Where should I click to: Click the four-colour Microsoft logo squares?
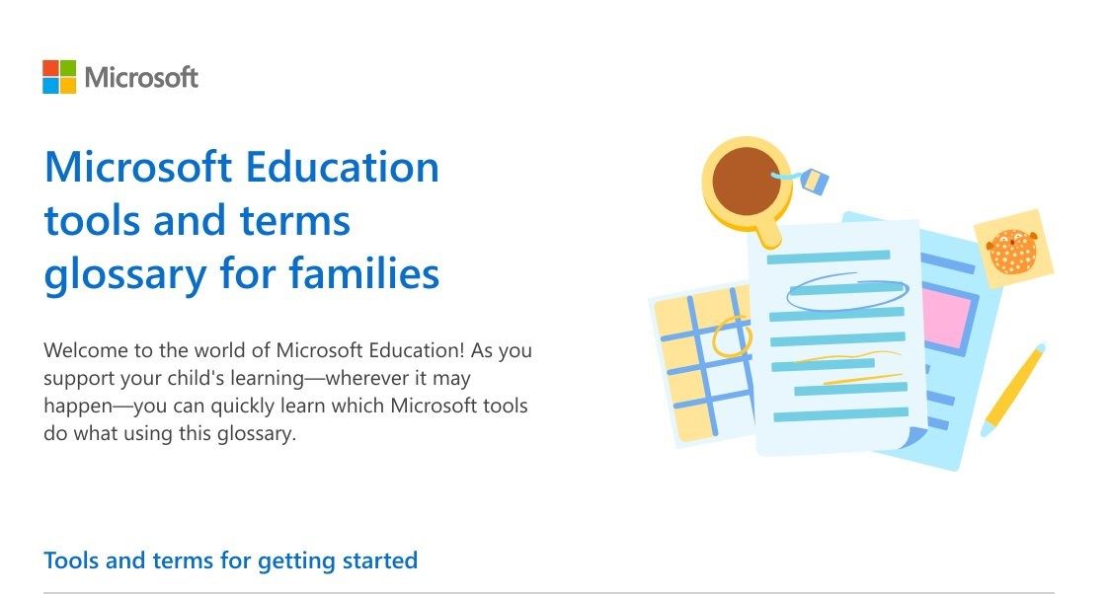(59, 77)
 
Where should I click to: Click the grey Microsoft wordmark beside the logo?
(141, 77)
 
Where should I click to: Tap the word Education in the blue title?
(342, 168)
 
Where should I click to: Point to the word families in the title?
(364, 272)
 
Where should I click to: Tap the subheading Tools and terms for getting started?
(230, 560)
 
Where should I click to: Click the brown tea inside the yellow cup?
(746, 180)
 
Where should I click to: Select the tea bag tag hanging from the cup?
(814, 181)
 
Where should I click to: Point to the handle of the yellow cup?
(767, 232)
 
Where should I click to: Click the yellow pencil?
(1013, 390)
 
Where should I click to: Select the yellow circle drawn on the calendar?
(731, 337)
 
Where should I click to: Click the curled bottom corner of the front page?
(915, 436)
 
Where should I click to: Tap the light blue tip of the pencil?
(988, 428)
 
